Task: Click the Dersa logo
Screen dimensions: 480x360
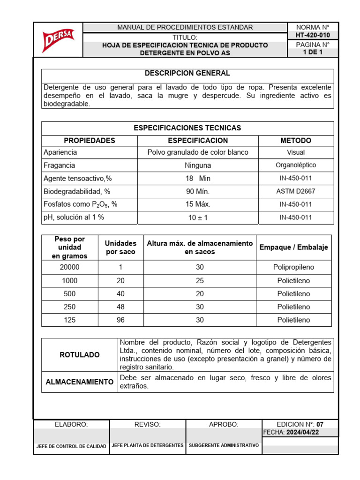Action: pyautogui.click(x=57, y=41)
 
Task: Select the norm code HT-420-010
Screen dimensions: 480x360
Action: pyautogui.click(x=313, y=35)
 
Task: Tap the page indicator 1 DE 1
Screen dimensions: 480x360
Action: pyautogui.click(x=313, y=52)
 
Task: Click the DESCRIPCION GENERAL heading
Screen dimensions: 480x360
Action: pyautogui.click(x=187, y=74)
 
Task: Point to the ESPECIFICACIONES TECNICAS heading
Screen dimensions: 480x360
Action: pyautogui.click(x=187, y=128)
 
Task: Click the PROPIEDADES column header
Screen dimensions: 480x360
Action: pyautogui.click(x=90, y=141)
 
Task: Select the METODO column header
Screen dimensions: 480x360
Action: pyautogui.click(x=295, y=141)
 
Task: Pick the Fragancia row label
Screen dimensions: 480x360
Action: pyautogui.click(x=59, y=165)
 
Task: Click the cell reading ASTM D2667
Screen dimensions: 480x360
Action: pyautogui.click(x=295, y=191)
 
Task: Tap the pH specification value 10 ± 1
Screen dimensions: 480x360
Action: pyautogui.click(x=198, y=217)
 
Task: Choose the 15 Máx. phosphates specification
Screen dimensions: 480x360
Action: pyautogui.click(x=198, y=204)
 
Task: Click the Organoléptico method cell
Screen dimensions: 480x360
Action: pyautogui.click(x=295, y=165)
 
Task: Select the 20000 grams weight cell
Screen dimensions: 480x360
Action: pyautogui.click(x=70, y=267)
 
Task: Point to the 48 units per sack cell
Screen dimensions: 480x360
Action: pyautogui.click(x=120, y=307)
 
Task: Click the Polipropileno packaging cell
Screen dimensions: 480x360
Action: pyautogui.click(x=293, y=267)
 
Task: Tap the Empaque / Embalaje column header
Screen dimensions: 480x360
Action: pyautogui.click(x=293, y=247)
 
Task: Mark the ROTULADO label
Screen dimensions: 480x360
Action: pyautogui.click(x=80, y=355)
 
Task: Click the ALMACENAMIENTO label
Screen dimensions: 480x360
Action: pyautogui.click(x=80, y=382)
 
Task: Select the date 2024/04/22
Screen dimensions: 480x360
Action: pyautogui.click(x=303, y=433)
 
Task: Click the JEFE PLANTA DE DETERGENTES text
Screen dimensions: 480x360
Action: pyautogui.click(x=148, y=445)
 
